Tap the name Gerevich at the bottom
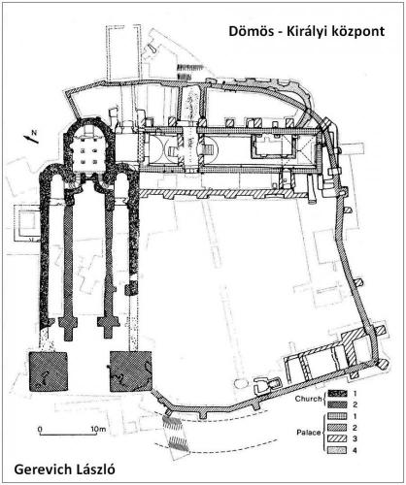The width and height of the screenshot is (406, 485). click(x=41, y=469)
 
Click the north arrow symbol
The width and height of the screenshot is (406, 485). click(x=31, y=137)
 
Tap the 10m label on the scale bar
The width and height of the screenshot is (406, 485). click(x=99, y=429)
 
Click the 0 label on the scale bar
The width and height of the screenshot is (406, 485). click(x=40, y=429)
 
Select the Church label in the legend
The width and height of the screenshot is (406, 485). click(x=309, y=399)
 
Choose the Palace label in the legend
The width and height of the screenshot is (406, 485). click(x=309, y=433)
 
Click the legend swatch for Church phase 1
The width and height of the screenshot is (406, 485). click(x=337, y=393)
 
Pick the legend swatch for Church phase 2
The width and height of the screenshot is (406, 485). click(x=337, y=404)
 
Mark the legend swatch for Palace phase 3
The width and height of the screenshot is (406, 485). click(x=337, y=438)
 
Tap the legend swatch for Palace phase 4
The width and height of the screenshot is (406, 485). click(x=337, y=450)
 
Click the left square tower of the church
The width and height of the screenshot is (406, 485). click(x=49, y=372)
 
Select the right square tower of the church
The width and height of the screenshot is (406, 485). click(x=130, y=372)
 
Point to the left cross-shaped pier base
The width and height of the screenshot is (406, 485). click(x=68, y=327)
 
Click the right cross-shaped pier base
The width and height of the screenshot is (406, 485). click(x=109, y=327)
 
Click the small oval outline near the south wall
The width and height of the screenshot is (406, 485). click(x=241, y=384)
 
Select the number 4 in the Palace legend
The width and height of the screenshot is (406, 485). click(x=355, y=450)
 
